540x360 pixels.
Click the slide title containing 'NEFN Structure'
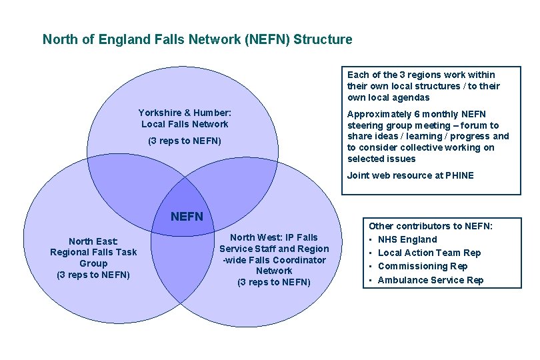coord(197,39)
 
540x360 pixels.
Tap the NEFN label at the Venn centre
coord(187,217)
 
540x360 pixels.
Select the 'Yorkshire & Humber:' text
coord(185,113)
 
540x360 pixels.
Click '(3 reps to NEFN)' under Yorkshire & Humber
coord(185,141)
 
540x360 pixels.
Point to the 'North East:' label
coord(93,241)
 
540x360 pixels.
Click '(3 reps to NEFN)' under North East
coord(93,275)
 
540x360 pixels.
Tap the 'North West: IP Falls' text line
coord(274,237)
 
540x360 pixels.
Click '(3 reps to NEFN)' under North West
coord(274,282)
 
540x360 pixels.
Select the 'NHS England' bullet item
coord(407,239)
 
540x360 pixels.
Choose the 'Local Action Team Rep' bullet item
coord(429,253)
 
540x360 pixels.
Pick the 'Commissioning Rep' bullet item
coord(422,266)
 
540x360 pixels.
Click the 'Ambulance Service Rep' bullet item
coord(430,280)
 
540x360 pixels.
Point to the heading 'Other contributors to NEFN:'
coord(430,226)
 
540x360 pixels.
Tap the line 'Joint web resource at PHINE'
coord(410,175)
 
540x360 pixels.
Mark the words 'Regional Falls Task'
coord(93,252)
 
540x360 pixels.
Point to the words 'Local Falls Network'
coord(185,124)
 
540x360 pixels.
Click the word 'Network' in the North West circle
coord(274,271)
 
